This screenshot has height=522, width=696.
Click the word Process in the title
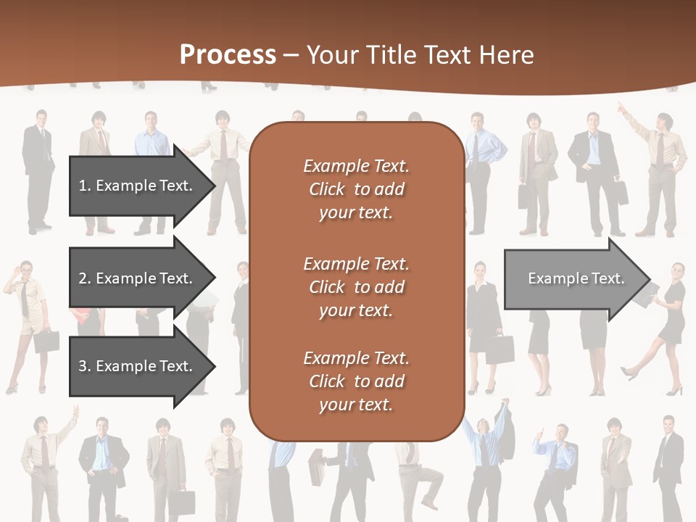pyautogui.click(x=228, y=55)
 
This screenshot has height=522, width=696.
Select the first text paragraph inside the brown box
pyautogui.click(x=357, y=189)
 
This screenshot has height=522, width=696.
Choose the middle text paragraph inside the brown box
pyautogui.click(x=357, y=286)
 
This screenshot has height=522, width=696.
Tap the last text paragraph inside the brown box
pyautogui.click(x=357, y=381)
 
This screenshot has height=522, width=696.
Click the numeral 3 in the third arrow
pyautogui.click(x=82, y=366)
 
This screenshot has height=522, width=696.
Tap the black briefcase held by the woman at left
pyautogui.click(x=46, y=341)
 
